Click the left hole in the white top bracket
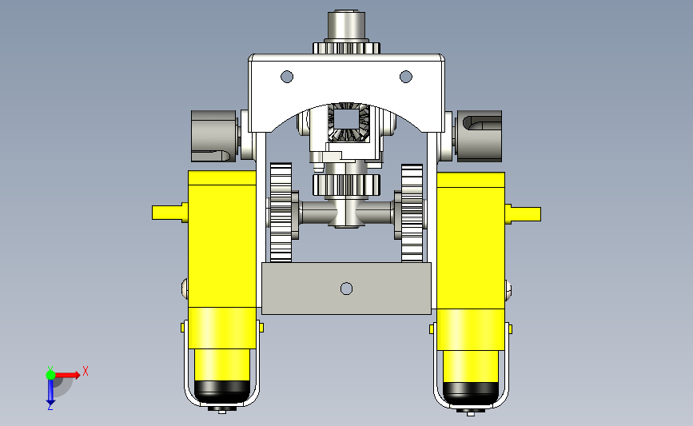point(287,77)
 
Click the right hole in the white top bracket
point(406,77)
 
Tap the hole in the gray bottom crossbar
point(347,289)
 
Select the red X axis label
point(86,371)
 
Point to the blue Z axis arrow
point(50,392)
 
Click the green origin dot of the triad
point(50,375)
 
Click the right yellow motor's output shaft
point(523,214)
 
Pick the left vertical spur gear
point(281,213)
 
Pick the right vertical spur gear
point(412,213)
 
